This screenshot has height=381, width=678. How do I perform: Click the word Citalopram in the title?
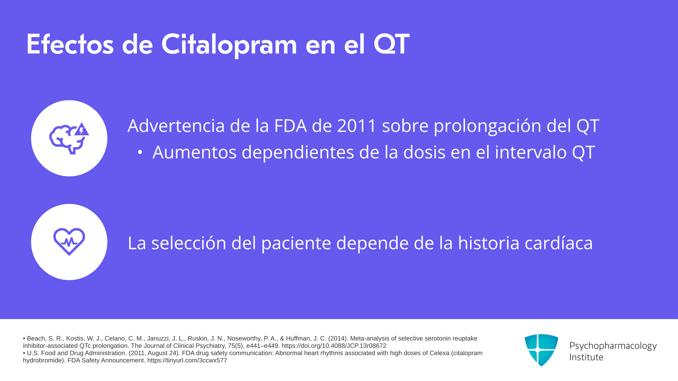point(229,45)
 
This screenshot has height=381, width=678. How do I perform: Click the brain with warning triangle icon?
point(69,138)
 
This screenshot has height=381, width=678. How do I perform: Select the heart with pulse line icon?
point(69,242)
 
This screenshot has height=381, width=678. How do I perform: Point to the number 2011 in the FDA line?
point(357,126)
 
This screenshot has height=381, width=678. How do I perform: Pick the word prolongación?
point(487,126)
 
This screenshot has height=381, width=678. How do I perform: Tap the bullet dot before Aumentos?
point(140,152)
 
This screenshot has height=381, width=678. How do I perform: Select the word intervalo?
point(530,152)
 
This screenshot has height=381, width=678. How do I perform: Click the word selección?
point(189,243)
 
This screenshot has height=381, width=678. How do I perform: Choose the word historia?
point(489,243)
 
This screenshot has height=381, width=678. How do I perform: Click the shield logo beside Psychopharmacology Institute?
point(541,350)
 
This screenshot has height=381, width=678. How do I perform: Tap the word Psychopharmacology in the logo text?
point(613,346)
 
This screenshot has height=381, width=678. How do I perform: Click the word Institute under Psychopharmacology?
point(586,357)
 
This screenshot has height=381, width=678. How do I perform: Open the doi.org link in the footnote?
point(334,346)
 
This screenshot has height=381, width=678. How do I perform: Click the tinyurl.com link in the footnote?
point(187,360)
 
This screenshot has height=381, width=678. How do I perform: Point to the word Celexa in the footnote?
point(439,353)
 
